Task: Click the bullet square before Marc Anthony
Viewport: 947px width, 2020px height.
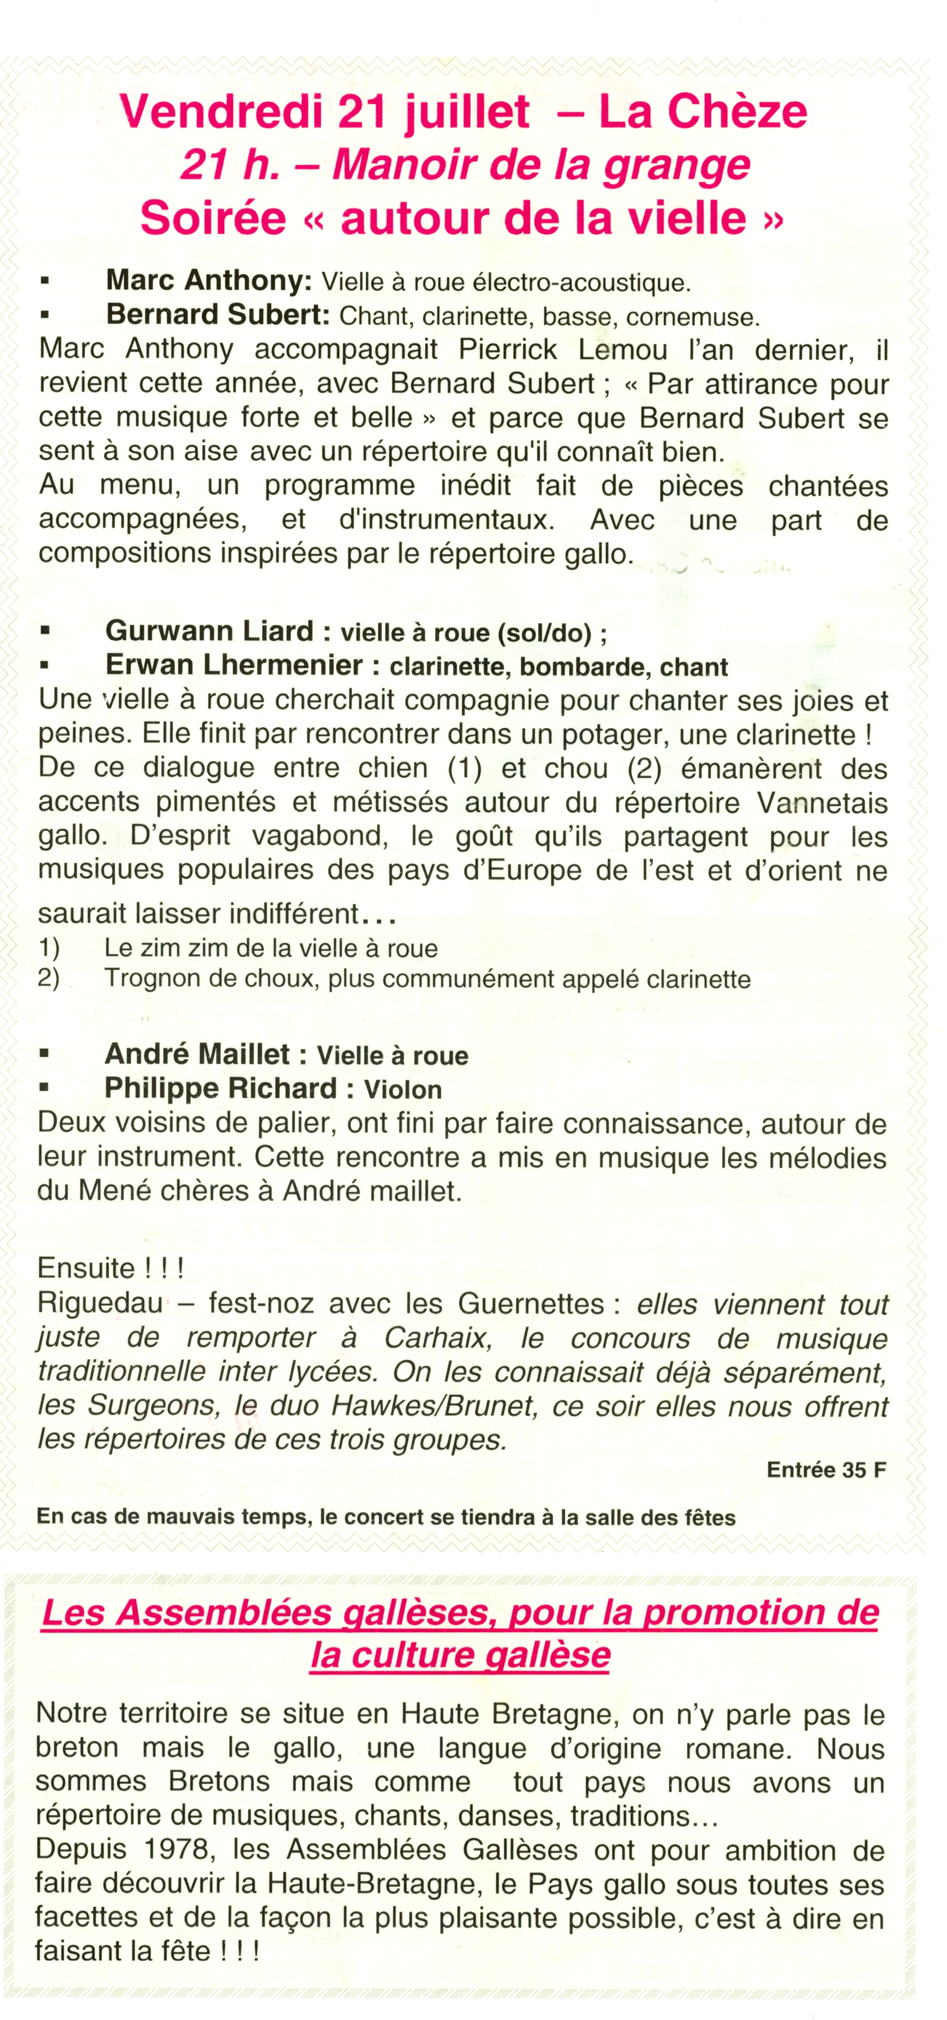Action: (45, 280)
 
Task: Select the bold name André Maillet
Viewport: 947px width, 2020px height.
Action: (197, 1054)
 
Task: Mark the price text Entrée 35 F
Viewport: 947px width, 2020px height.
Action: (826, 1469)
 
